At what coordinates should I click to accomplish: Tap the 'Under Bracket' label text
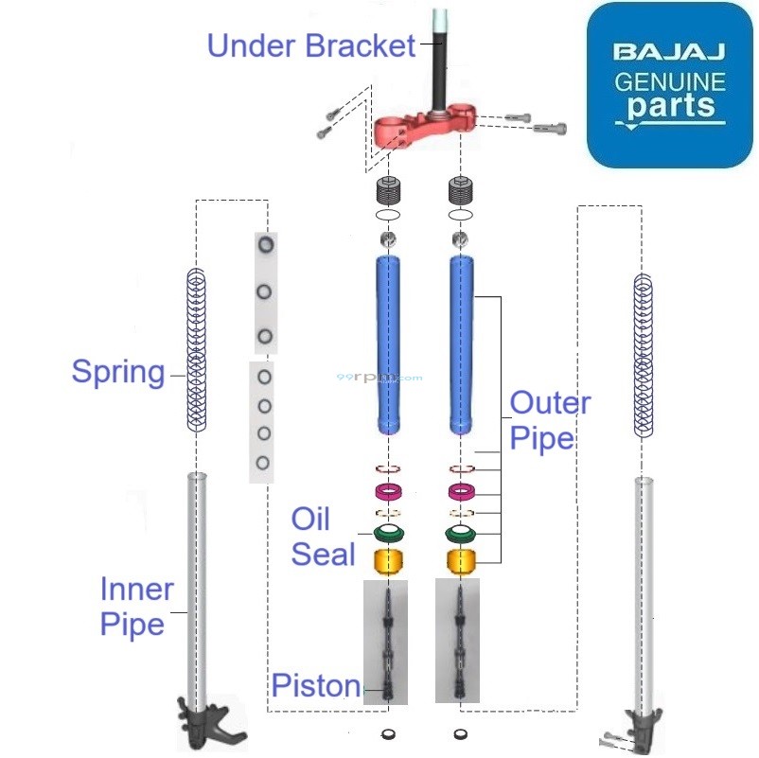point(310,44)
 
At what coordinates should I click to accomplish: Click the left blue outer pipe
point(388,344)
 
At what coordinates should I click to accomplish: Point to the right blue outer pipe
point(461,344)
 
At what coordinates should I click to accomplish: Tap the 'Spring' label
point(118,372)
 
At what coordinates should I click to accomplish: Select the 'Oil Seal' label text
point(322,536)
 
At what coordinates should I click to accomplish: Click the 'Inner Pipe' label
point(136,607)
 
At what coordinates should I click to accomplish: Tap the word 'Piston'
point(316,685)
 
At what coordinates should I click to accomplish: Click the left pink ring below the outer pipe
point(388,491)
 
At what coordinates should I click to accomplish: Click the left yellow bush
point(388,560)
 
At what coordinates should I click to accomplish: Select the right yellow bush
point(461,560)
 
